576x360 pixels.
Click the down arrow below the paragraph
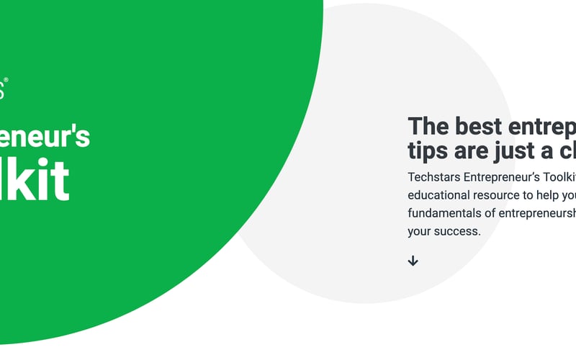pos(413,261)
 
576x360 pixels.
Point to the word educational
pos(439,195)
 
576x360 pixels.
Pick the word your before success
pos(420,231)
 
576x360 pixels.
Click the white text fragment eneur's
pos(45,135)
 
